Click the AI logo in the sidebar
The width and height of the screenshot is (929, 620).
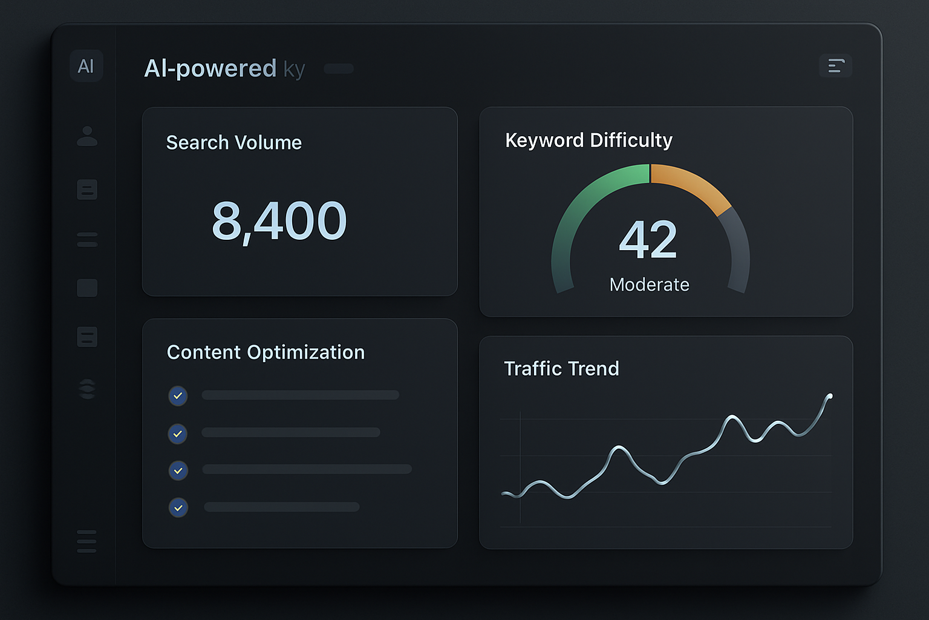pyautogui.click(x=86, y=65)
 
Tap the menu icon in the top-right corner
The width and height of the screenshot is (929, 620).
pyautogui.click(x=836, y=65)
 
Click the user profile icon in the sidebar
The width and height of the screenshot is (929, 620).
pyautogui.click(x=87, y=136)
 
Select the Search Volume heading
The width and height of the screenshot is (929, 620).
pyautogui.click(x=234, y=142)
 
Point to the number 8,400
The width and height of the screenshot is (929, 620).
pyautogui.click(x=279, y=221)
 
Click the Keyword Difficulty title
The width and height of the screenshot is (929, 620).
pyautogui.click(x=588, y=140)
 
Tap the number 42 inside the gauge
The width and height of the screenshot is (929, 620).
pyautogui.click(x=648, y=240)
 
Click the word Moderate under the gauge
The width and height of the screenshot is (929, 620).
pyautogui.click(x=650, y=285)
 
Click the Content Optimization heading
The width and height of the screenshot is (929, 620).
pyautogui.click(x=266, y=352)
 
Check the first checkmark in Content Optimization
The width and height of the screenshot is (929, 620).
pyautogui.click(x=178, y=396)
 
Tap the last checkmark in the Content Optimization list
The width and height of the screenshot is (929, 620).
pyautogui.click(x=178, y=507)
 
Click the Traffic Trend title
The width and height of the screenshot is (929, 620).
pyautogui.click(x=561, y=368)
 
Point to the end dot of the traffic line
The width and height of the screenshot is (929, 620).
pyautogui.click(x=830, y=396)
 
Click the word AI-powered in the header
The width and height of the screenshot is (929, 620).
pyautogui.click(x=210, y=68)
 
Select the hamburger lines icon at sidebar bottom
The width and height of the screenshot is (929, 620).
pyautogui.click(x=86, y=541)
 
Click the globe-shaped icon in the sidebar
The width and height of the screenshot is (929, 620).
pyautogui.click(x=87, y=389)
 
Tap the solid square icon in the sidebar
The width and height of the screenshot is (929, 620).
pyautogui.click(x=87, y=288)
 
